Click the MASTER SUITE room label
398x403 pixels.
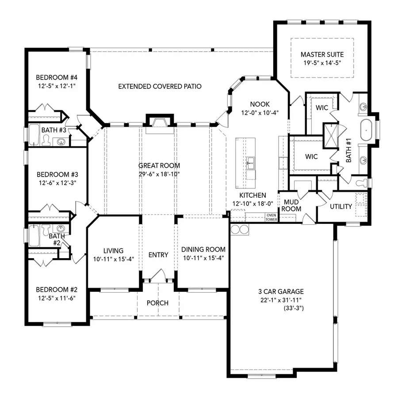322,55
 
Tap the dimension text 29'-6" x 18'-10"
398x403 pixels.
159,174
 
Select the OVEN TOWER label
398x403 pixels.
271,217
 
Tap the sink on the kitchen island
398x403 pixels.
251,162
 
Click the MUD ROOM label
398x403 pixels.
291,205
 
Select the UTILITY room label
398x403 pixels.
341,207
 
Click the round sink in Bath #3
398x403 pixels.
61,142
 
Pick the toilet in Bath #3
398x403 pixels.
46,141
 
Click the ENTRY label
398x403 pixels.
158,255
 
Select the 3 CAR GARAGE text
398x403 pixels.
281,291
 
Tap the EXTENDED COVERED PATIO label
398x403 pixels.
160,87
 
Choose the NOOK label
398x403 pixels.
260,104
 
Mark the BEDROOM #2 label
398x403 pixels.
57,290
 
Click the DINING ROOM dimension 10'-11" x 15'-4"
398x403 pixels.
203,258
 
